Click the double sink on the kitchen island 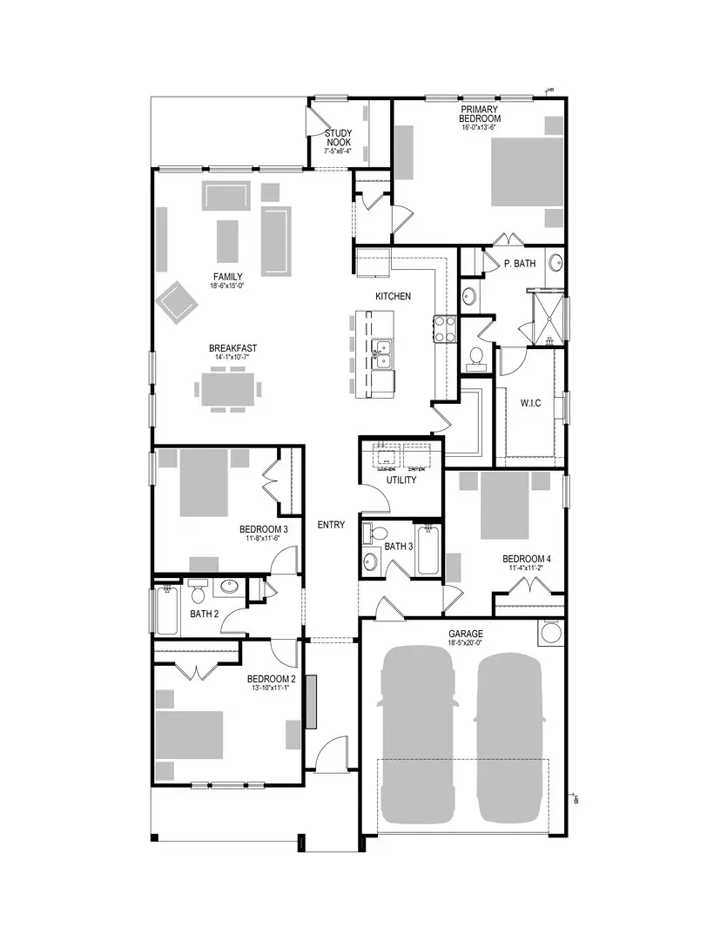(x=382, y=353)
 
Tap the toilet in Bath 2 (x=198, y=593)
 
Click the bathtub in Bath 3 (x=427, y=551)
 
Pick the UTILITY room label (x=401, y=480)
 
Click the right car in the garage (x=511, y=735)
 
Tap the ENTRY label (x=331, y=525)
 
